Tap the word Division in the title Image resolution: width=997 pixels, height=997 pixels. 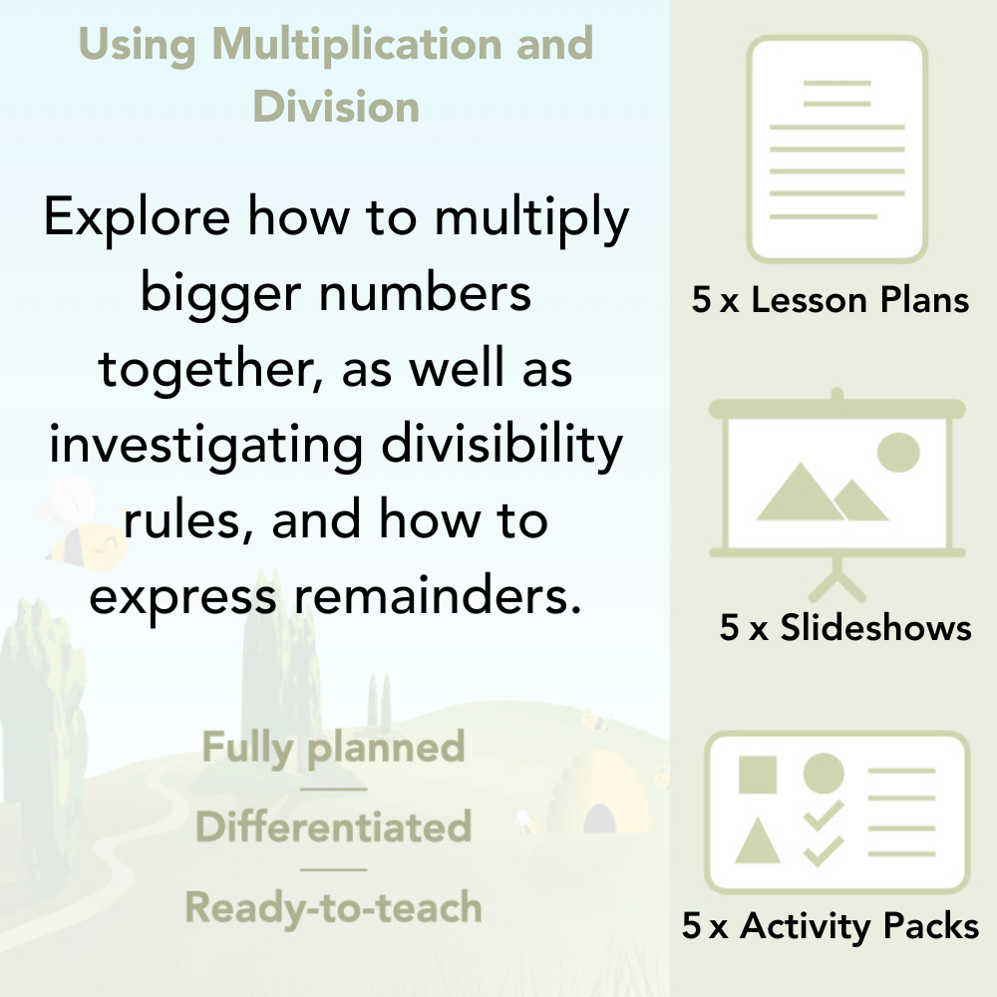tap(336, 106)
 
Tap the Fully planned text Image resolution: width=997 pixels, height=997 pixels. tap(333, 748)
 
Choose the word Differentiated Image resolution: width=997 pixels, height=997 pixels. tap(333, 828)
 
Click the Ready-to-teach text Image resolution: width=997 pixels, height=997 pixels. tap(333, 907)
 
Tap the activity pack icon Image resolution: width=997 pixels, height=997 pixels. tap(837, 813)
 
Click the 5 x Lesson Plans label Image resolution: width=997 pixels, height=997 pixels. tap(831, 300)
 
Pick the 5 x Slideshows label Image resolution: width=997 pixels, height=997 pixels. tap(845, 628)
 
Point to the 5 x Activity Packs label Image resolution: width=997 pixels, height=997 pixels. tap(831, 927)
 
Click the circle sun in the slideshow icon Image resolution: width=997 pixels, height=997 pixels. tap(897, 451)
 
